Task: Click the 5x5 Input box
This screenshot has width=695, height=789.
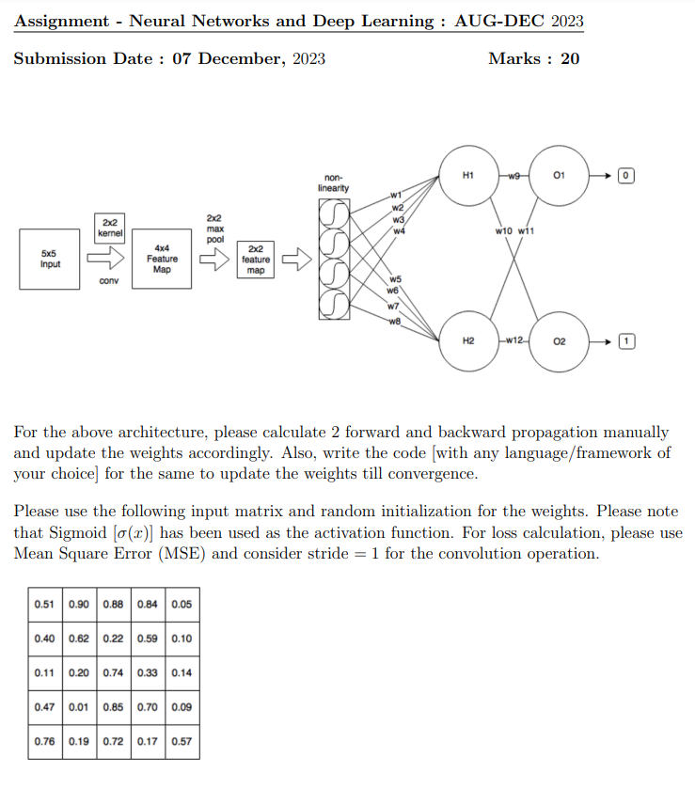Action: (49, 258)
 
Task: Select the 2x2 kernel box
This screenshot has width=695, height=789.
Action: (110, 226)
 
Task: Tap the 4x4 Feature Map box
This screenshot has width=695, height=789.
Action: (162, 258)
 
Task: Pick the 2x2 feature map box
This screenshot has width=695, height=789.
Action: (255, 259)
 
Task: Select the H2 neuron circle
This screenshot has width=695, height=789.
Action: (468, 339)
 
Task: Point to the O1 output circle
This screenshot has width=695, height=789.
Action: (560, 176)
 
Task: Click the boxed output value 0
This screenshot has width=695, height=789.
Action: (627, 176)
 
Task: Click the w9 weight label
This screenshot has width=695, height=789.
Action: (513, 176)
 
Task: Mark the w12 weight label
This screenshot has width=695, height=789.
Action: (513, 339)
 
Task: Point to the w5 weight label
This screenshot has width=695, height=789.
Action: (395, 279)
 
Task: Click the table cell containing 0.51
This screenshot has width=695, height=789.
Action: (44, 604)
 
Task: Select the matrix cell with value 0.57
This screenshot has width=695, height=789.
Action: (182, 741)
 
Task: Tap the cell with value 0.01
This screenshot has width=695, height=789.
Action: (78, 706)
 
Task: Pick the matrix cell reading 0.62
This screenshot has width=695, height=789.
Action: (78, 639)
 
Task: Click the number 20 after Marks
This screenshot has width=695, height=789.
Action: (570, 59)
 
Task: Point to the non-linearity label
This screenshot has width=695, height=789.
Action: (334, 182)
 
